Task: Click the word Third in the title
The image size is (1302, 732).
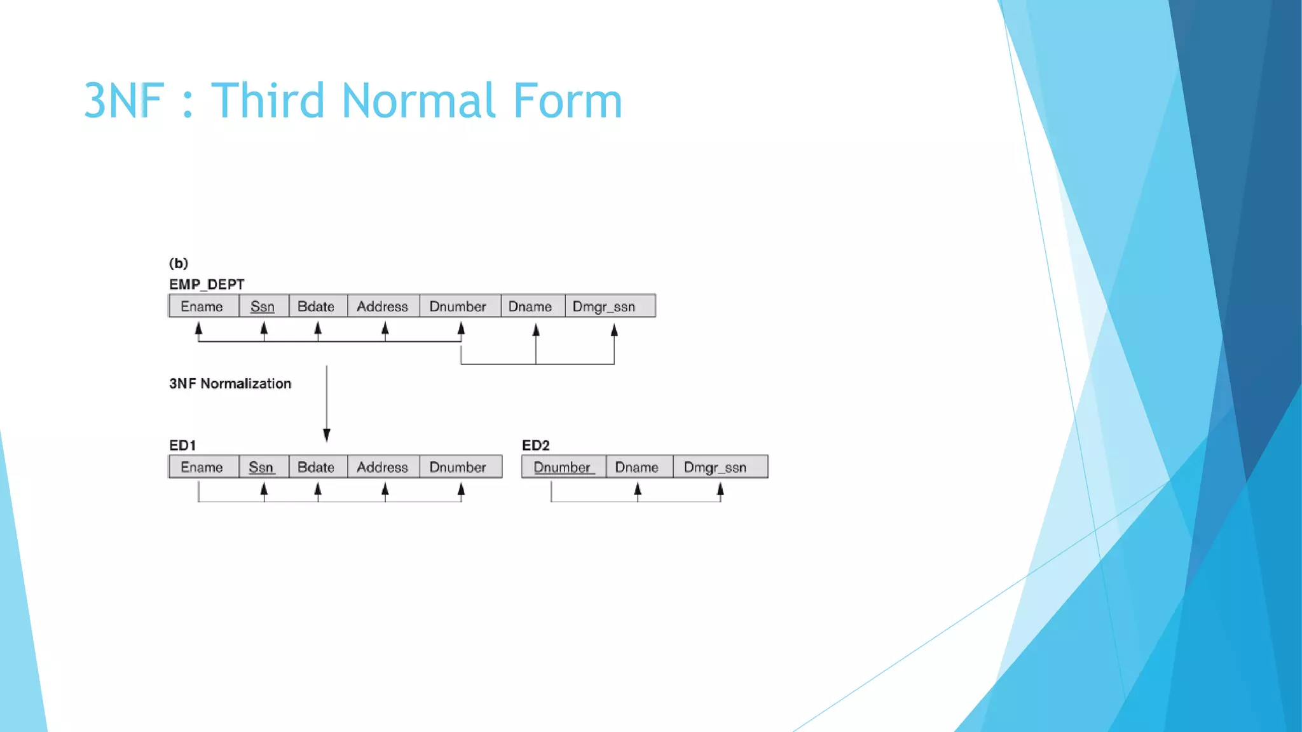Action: (268, 100)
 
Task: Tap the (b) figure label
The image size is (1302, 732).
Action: (179, 263)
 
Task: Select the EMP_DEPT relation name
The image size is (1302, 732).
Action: (207, 284)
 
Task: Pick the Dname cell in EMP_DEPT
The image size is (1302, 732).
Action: (530, 306)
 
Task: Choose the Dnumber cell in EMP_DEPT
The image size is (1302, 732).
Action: (458, 306)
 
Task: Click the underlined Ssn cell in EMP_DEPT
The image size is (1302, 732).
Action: (263, 306)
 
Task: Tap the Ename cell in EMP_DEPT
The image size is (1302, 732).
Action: (202, 306)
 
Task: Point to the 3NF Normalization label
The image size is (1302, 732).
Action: (230, 384)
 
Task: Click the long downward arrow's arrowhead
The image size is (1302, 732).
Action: (327, 435)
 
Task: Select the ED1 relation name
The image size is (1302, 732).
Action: (182, 445)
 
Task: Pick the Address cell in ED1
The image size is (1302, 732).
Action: (382, 467)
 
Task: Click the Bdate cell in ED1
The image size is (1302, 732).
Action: (316, 467)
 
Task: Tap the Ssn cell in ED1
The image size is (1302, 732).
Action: (261, 467)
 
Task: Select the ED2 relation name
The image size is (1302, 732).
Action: (535, 445)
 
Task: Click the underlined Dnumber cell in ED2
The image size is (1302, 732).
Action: (562, 467)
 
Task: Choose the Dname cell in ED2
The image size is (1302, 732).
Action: (637, 467)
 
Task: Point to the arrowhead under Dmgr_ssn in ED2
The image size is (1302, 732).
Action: (720, 489)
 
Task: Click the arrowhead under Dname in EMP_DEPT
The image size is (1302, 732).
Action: (536, 330)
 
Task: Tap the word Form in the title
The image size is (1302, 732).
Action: (567, 100)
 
